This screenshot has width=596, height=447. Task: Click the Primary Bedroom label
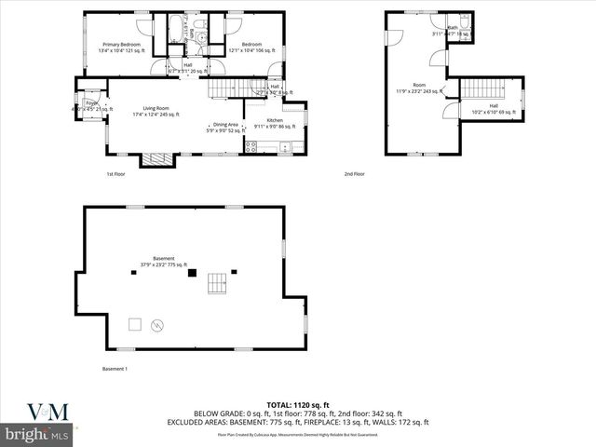(123, 44)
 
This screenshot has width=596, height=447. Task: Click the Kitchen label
(275, 121)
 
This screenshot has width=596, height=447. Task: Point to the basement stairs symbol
(216, 282)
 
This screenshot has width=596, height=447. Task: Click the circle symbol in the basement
(157, 325)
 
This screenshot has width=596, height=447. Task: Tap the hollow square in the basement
(134, 324)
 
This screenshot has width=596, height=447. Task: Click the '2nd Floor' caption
(354, 174)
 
